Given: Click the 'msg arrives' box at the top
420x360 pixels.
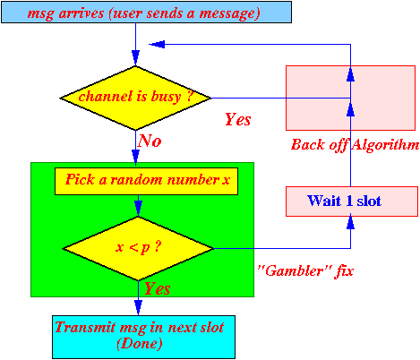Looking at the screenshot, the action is point(146,13).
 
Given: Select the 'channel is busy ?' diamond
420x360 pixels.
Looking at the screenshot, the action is point(135,98).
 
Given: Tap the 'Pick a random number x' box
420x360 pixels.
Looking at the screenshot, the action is point(146,181).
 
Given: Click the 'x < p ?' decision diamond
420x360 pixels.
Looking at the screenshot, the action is point(138,248).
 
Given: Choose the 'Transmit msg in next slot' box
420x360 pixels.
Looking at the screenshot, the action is point(143,337).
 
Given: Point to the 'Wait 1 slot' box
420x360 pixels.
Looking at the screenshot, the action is point(352,201).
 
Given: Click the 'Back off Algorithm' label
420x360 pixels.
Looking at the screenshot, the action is point(356,145).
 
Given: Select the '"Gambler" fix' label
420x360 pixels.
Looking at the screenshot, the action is point(305,271).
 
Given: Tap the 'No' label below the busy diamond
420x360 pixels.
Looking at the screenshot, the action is point(150,141).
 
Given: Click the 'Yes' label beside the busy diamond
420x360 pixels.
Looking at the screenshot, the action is point(238,119).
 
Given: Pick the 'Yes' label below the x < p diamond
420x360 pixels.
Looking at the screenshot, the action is point(158,288).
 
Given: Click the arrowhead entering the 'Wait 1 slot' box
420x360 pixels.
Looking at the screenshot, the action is point(350,222).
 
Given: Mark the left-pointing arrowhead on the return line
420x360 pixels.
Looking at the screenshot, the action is point(157,44).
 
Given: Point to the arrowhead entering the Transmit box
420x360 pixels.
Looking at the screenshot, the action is point(138,308).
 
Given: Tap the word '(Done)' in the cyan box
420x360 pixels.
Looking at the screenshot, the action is point(140,344).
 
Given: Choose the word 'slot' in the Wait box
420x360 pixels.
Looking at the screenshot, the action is point(369,201).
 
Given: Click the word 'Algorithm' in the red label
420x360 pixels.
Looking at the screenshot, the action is point(385,145).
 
